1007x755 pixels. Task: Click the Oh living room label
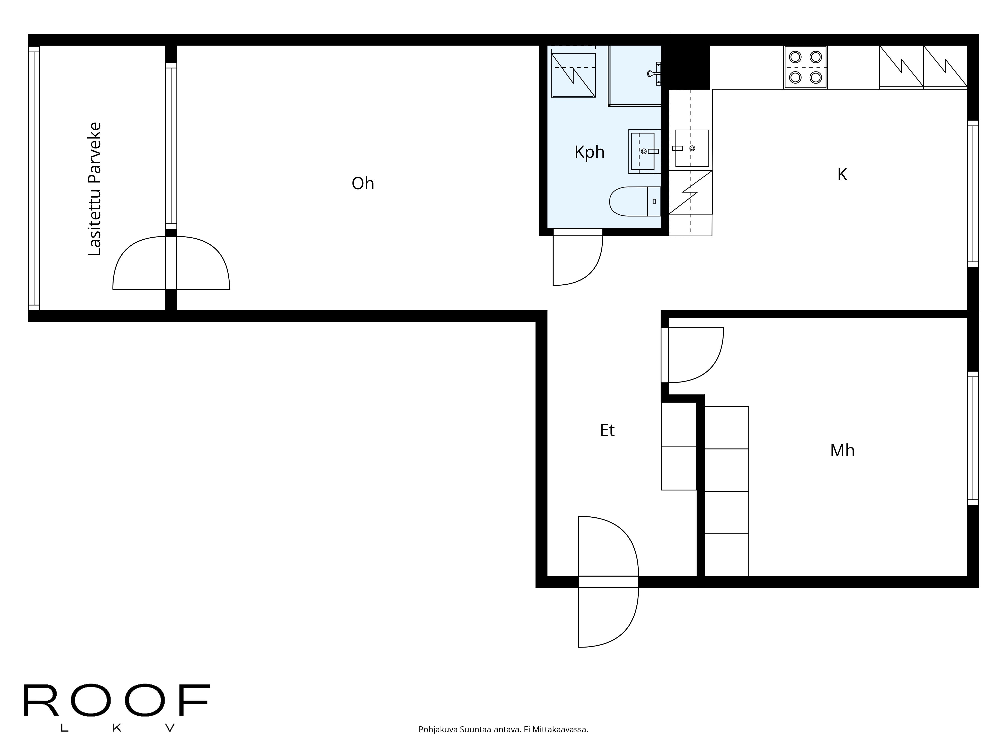(x=363, y=183)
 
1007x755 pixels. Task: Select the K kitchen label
(x=842, y=174)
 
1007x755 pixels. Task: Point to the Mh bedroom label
(x=842, y=450)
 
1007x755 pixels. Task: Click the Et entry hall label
(x=607, y=430)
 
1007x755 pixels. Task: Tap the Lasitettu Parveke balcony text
(x=95, y=189)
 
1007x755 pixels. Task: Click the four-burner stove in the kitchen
(x=805, y=67)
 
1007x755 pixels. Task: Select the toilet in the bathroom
(x=635, y=201)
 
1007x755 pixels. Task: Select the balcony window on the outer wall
(x=34, y=178)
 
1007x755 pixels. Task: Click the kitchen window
(x=973, y=194)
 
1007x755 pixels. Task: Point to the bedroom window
(x=973, y=438)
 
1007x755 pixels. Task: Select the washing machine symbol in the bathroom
(x=573, y=75)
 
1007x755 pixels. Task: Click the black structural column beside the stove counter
(x=686, y=67)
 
